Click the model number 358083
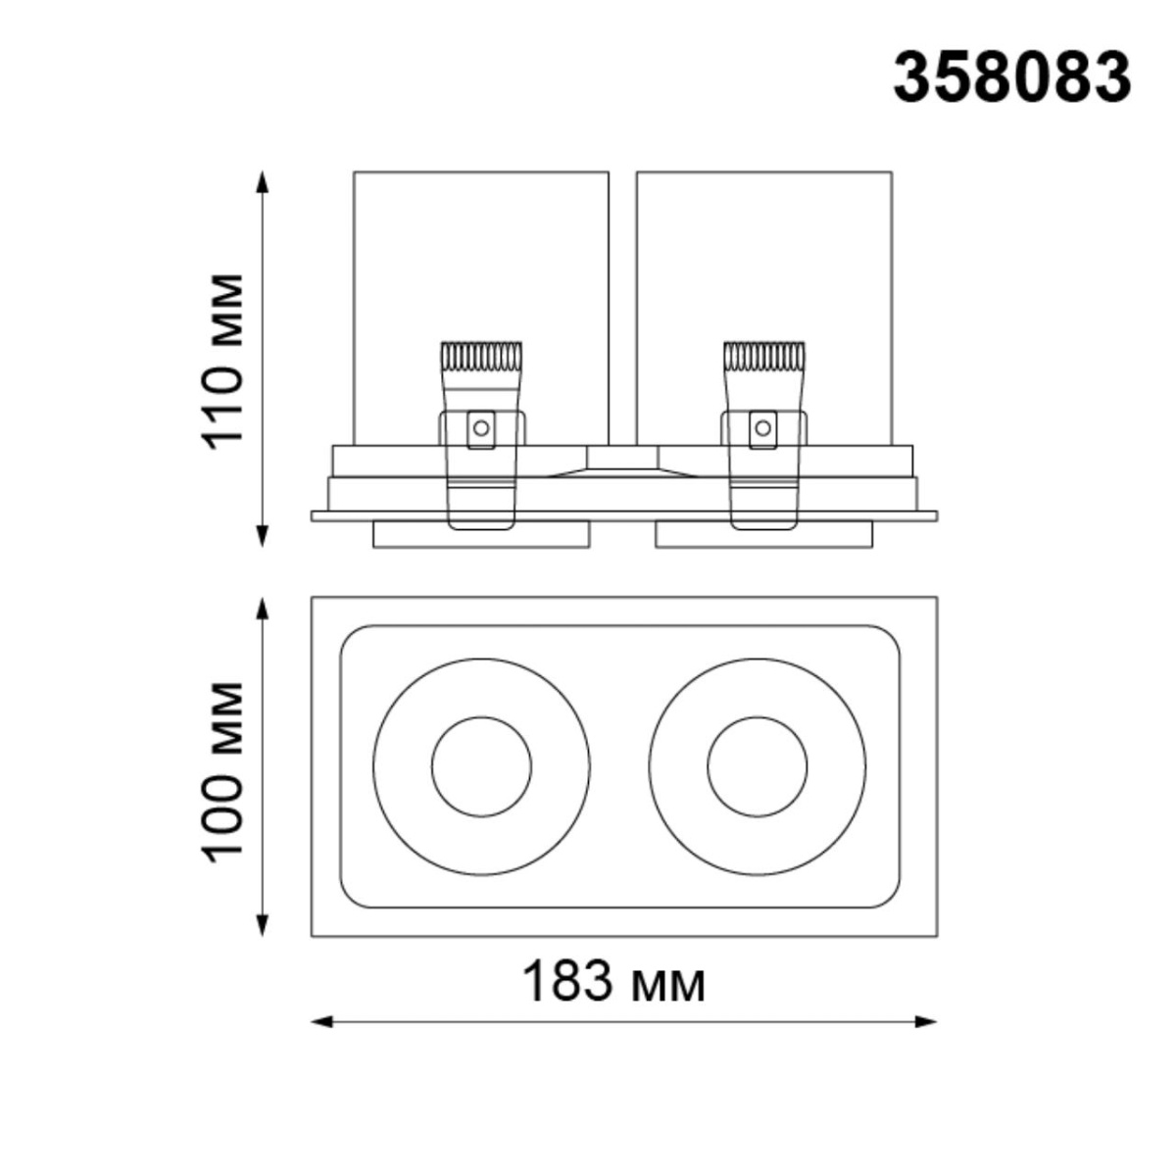click(1011, 77)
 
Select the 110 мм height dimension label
click(223, 359)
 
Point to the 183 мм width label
click(613, 981)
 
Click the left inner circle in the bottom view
click(481, 767)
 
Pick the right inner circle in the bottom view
click(758, 767)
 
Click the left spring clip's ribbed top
click(480, 355)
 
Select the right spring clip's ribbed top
click(762, 355)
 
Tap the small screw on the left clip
click(480, 427)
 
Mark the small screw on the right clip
click(761, 427)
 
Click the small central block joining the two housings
click(622, 457)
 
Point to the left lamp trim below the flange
click(481, 535)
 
